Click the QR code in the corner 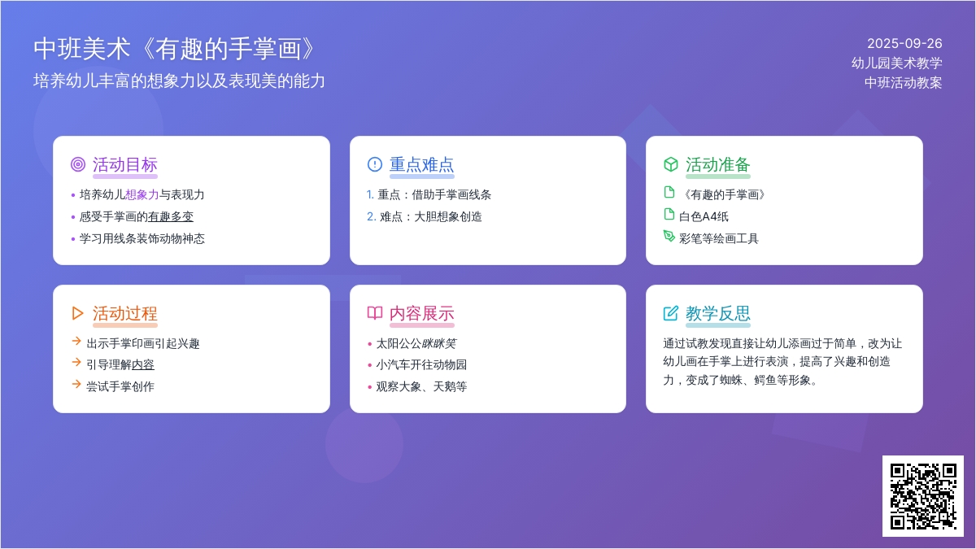[923, 496]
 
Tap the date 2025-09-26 [904, 44]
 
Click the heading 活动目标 [125, 164]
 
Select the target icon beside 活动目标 [78, 164]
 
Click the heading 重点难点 [422, 164]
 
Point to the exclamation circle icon [375, 164]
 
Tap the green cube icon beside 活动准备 [671, 164]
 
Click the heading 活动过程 [125, 313]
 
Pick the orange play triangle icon [77, 313]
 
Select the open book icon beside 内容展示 [375, 313]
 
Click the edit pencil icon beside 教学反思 [671, 313]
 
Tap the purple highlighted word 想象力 [142, 194]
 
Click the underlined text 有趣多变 [170, 216]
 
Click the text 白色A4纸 [704, 216]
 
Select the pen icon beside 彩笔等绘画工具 [669, 236]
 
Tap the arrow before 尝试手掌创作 [76, 384]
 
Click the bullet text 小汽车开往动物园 [421, 364]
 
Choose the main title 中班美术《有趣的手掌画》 [174, 48]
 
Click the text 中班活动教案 [904, 82]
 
